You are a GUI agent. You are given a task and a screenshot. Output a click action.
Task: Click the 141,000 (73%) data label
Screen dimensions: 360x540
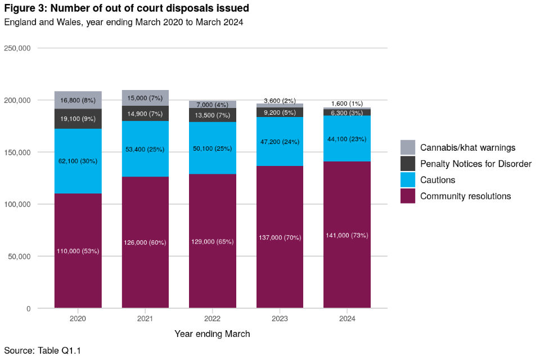tap(347, 235)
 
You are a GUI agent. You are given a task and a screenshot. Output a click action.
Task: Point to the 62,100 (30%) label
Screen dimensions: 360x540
tap(78, 161)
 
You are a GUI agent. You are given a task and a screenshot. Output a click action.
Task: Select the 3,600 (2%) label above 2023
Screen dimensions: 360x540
tap(280, 100)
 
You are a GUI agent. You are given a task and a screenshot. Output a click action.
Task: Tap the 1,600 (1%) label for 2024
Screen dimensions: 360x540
tap(347, 103)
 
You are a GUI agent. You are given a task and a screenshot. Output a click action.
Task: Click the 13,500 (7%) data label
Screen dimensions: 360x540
tap(213, 116)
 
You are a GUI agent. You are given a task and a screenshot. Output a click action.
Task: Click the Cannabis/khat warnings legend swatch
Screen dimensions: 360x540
tap(408, 147)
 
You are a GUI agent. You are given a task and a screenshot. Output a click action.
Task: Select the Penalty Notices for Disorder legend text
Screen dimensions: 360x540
tap(475, 164)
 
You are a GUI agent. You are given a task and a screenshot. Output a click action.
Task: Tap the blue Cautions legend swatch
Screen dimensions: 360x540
tap(408, 180)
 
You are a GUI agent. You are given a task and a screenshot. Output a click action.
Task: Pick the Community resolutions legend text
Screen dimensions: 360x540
tap(465, 196)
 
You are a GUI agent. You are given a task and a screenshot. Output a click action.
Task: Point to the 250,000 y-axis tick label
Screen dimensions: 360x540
tap(17, 48)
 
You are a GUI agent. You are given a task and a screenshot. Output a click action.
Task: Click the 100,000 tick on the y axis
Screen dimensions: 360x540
tap(17, 204)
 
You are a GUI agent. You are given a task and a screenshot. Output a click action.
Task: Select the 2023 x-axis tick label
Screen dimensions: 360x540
tap(280, 318)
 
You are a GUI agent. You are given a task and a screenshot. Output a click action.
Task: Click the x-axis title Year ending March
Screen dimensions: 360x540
tap(212, 334)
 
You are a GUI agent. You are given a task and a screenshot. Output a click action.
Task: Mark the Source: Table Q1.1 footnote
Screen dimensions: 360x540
tap(43, 350)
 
